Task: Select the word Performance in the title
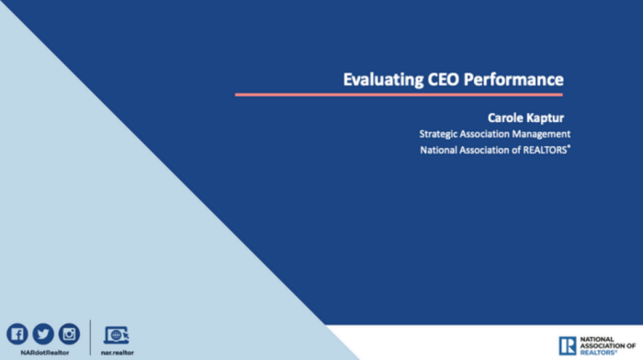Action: tap(515, 79)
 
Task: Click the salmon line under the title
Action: tap(399, 94)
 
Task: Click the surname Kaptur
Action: tap(547, 117)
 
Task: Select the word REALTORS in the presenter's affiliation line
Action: tap(540, 151)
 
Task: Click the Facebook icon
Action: tap(17, 333)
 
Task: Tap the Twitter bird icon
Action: tap(43, 333)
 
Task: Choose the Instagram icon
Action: tap(69, 333)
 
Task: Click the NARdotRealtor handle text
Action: tap(43, 352)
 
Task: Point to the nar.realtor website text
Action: tap(117, 352)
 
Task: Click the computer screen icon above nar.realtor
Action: tap(117, 334)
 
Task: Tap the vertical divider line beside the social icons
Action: tap(90, 337)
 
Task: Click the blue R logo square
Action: tap(568, 345)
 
